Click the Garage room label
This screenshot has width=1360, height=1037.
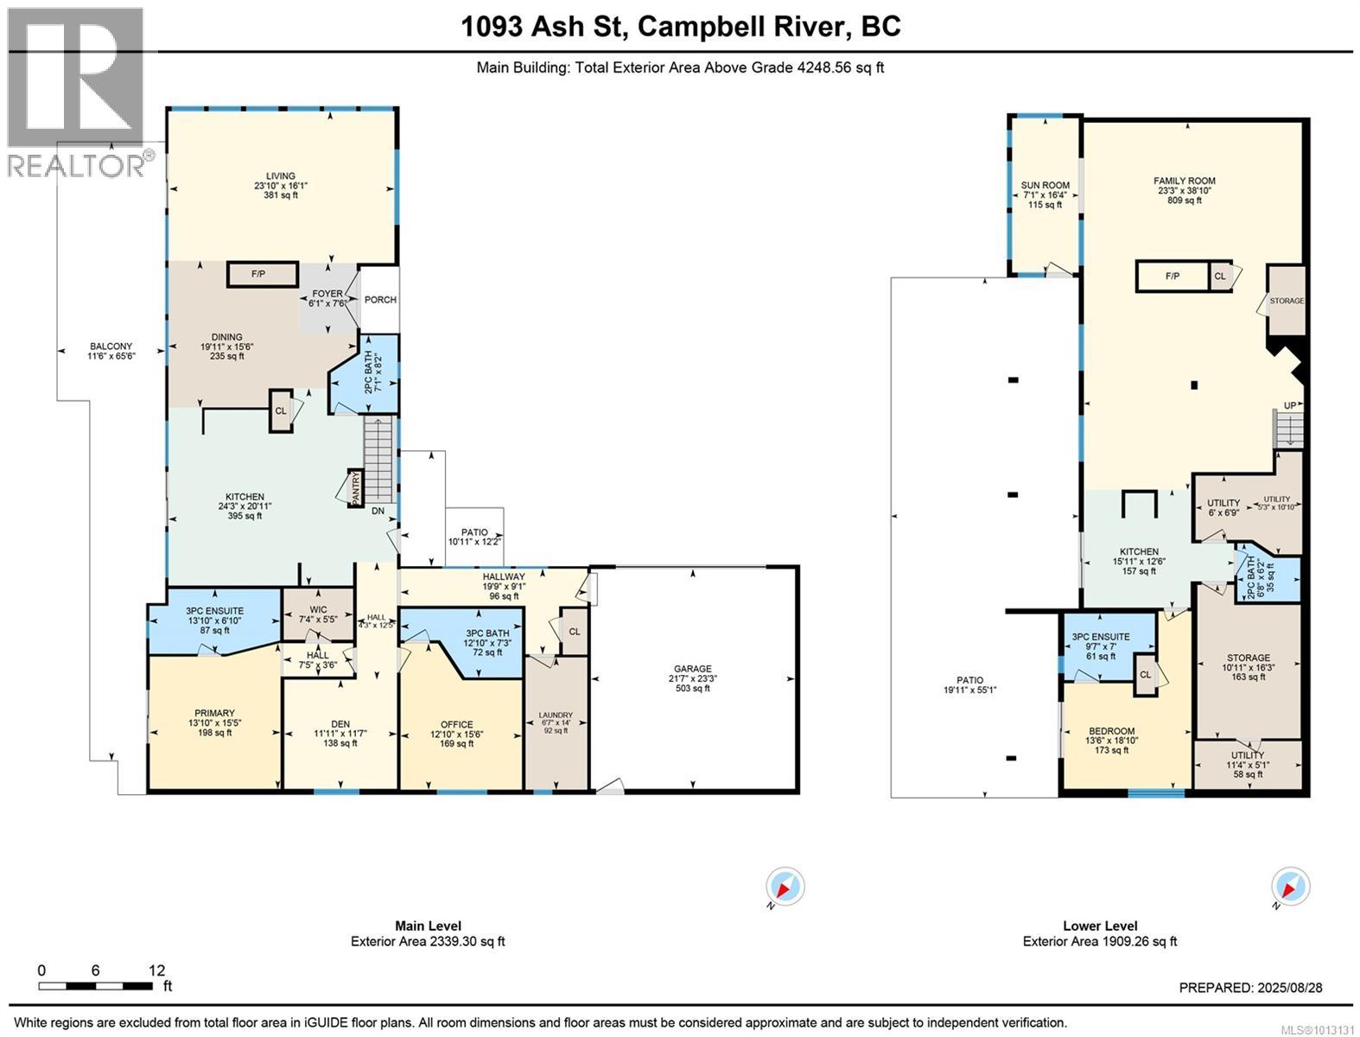tap(693, 669)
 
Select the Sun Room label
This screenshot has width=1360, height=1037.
tap(1045, 185)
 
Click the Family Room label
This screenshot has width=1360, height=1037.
tap(1184, 181)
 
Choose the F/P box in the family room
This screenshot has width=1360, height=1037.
tap(1172, 277)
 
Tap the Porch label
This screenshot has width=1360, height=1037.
tap(380, 300)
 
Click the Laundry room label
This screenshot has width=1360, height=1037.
tap(556, 716)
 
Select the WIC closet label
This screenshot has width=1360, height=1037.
tap(318, 609)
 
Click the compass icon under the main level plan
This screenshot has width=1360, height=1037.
tap(785, 887)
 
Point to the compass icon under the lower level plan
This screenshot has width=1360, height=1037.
tap(1290, 887)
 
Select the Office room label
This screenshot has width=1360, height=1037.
tap(456, 725)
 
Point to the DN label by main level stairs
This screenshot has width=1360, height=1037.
tap(378, 511)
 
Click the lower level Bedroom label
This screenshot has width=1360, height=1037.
tap(1110, 731)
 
